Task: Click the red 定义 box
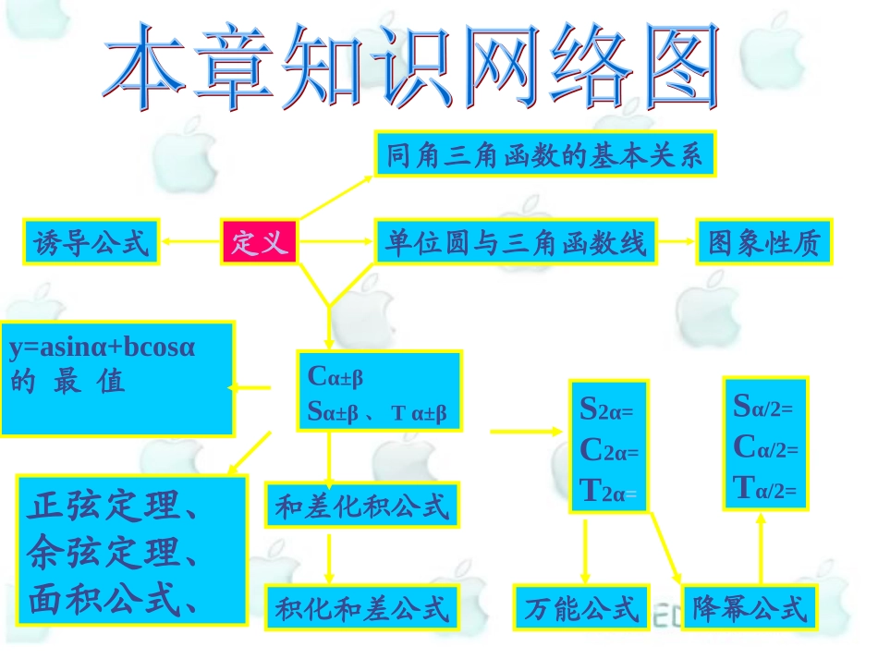259,242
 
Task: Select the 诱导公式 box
91,242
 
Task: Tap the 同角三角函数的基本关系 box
545,154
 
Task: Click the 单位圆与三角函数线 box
515,242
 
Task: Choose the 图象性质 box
764,242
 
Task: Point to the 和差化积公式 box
361,506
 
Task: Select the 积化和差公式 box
361,608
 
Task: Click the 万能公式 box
582,608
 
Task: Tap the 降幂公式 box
750,608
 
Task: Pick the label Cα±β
335,376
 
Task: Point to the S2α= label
607,409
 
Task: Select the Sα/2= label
763,405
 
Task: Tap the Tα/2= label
763,486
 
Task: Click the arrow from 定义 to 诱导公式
189,242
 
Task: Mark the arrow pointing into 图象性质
675,242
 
